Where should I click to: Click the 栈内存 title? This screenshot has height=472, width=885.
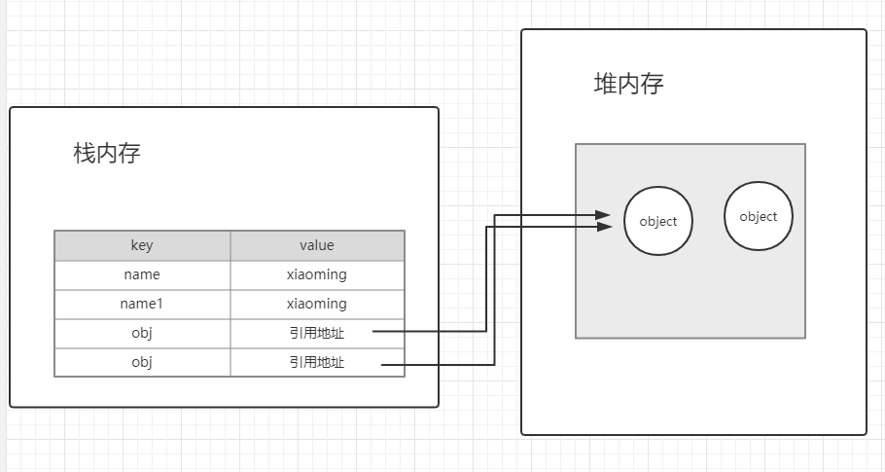[x=107, y=153]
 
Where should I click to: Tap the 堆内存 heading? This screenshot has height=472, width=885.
[x=628, y=84]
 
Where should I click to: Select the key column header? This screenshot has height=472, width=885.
[x=142, y=245]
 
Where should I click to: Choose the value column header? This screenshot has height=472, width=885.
[x=317, y=245]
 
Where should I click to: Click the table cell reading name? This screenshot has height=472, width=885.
[x=142, y=275]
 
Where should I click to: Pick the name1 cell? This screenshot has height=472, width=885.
[x=142, y=305]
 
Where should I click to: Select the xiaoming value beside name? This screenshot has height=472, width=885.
[x=317, y=275]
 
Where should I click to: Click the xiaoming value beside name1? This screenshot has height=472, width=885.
[x=317, y=305]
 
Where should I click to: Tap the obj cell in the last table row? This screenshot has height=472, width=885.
[x=142, y=362]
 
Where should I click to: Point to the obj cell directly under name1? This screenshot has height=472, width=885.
[x=142, y=333]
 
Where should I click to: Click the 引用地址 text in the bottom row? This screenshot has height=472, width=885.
[x=317, y=362]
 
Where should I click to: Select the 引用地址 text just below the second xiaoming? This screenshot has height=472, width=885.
[x=317, y=333]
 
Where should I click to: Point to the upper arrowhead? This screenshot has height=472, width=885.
[x=603, y=214]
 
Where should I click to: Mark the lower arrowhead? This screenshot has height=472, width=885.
[x=605, y=227]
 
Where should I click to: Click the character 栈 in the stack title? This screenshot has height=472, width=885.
[x=84, y=153]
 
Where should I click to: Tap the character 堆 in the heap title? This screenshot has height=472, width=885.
[x=605, y=84]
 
